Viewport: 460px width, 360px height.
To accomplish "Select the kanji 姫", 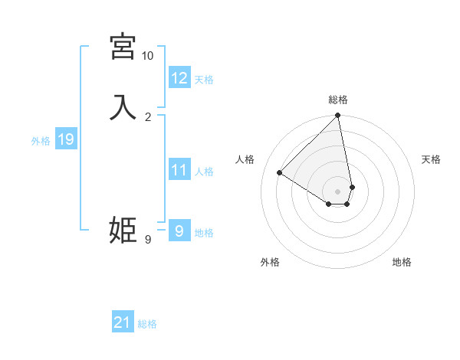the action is (123, 230).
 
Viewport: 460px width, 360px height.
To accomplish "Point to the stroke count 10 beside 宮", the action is (147, 56).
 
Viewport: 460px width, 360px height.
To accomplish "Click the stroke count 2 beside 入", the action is (148, 116).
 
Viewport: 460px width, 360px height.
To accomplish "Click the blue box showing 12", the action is (179, 78).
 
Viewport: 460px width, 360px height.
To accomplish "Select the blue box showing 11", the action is (179, 170).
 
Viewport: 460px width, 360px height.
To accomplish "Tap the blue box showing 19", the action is (66, 139).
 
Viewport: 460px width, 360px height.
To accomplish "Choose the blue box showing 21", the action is (123, 323).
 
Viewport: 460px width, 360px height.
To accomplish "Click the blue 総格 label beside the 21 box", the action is (147, 324).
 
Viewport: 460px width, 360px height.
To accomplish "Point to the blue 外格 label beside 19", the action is (41, 141).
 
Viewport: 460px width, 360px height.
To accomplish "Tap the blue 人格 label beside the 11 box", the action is (205, 172).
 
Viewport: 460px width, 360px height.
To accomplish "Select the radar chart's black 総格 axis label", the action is (338, 100).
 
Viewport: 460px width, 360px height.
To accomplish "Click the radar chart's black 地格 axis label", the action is (402, 262).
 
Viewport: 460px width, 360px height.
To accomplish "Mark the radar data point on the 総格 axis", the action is (338, 116).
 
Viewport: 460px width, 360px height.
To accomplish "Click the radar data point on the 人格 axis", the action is (280, 173).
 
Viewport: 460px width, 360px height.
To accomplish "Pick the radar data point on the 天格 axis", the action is (352, 187).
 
